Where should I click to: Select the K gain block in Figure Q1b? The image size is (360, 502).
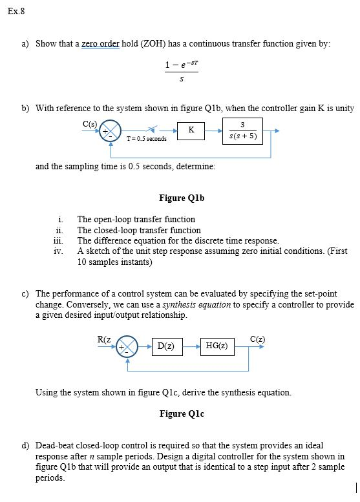[191, 131]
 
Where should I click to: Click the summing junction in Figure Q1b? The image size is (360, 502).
[111, 131]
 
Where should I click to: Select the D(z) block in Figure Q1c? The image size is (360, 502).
[165, 346]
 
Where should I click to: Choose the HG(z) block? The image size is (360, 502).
[218, 346]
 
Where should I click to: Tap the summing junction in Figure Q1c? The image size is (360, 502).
[128, 346]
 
